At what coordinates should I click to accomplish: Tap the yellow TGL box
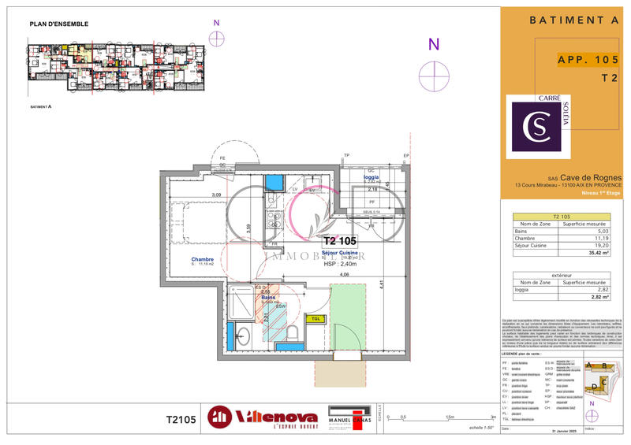click(x=315, y=318)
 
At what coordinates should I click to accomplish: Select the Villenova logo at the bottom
click(x=263, y=417)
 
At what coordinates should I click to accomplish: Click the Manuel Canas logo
click(x=349, y=417)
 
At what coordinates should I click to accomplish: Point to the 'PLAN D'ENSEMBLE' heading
click(x=59, y=24)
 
